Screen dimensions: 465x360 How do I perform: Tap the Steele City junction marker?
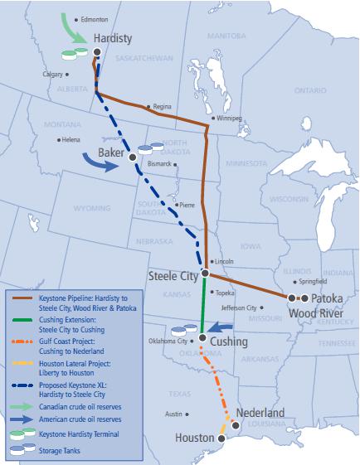click(x=203, y=273)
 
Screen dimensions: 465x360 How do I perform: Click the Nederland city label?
click(x=260, y=413)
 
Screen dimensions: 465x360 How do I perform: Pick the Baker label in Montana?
click(x=110, y=154)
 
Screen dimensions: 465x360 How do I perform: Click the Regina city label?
click(x=162, y=106)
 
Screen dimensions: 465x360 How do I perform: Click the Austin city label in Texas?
click(x=173, y=414)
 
